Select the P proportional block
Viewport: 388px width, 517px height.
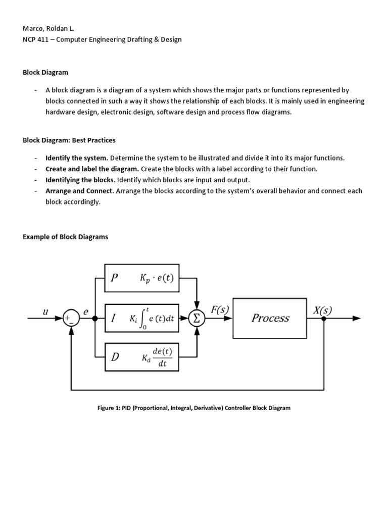tap(141, 278)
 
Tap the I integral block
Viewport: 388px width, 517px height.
tap(141, 318)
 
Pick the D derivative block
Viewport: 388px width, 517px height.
tap(141, 357)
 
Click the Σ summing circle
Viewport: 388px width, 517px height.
tap(197, 319)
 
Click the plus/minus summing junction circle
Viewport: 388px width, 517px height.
tap(71, 319)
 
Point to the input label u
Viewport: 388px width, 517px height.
tap(45, 312)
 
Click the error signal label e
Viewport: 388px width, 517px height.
tap(85, 312)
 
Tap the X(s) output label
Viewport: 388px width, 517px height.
tap(323, 310)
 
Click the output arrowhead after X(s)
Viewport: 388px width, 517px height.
tap(356, 319)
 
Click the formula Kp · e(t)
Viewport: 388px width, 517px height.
tap(157, 278)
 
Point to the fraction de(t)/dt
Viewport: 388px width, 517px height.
tap(162, 357)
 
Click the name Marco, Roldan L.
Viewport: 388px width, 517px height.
tap(48, 29)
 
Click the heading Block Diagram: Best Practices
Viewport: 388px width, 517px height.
tap(69, 140)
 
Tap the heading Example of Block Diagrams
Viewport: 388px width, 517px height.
tap(65, 237)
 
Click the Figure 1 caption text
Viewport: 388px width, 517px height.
tap(193, 408)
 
